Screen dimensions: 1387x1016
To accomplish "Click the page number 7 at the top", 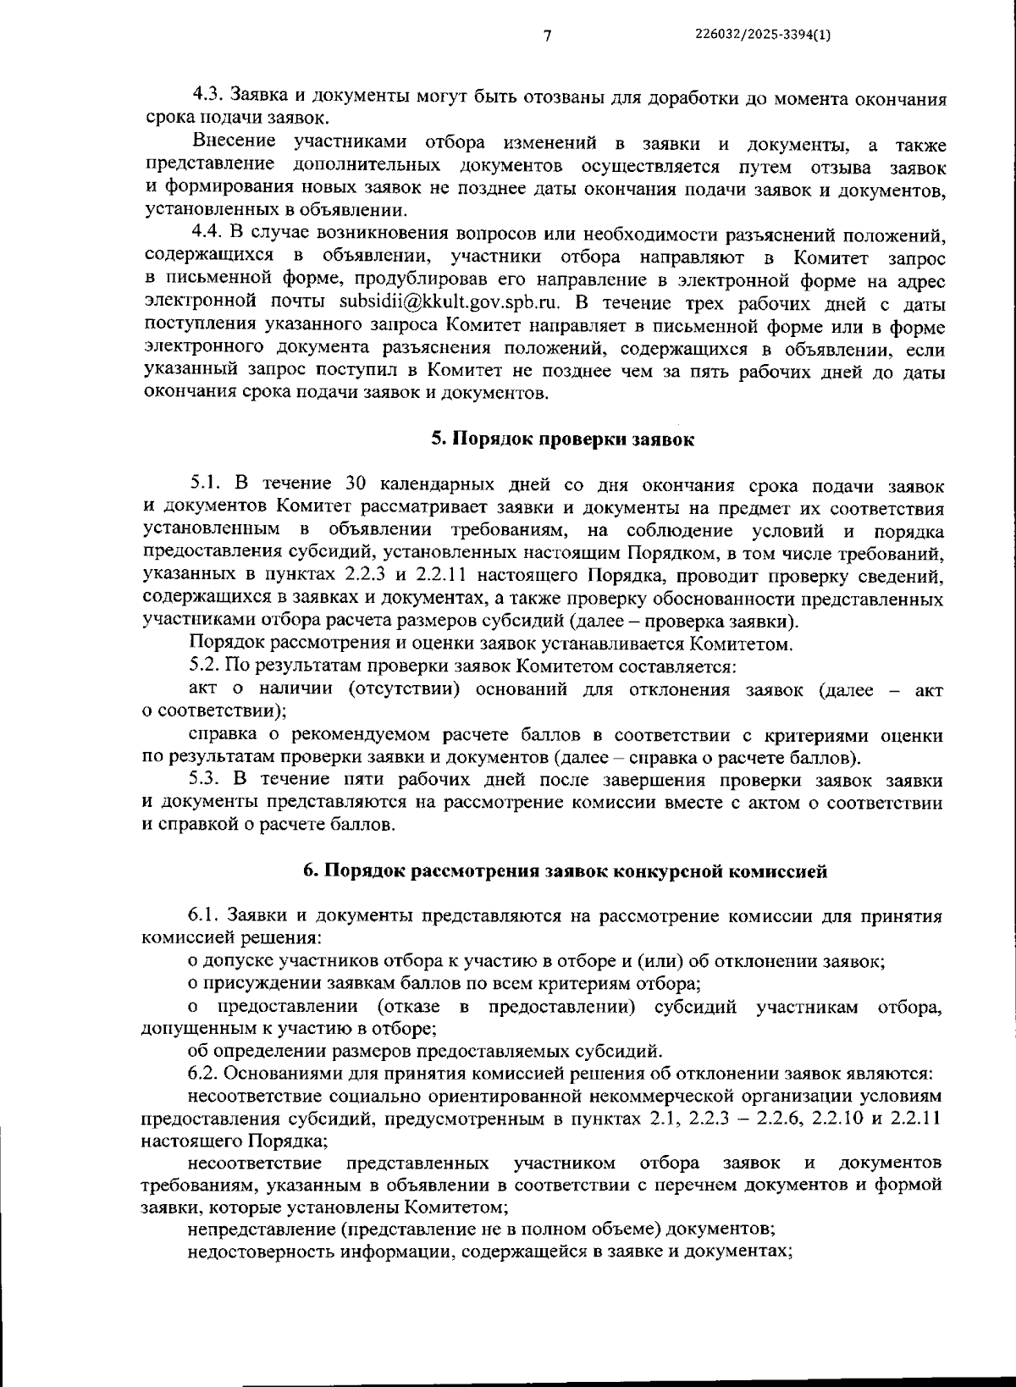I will [x=547, y=35].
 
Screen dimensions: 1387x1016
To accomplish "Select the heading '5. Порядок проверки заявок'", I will [x=563, y=439].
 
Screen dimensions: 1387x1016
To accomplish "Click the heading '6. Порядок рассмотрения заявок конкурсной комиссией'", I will [x=565, y=871].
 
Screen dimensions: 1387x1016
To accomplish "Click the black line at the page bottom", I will [x=627, y=1381].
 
